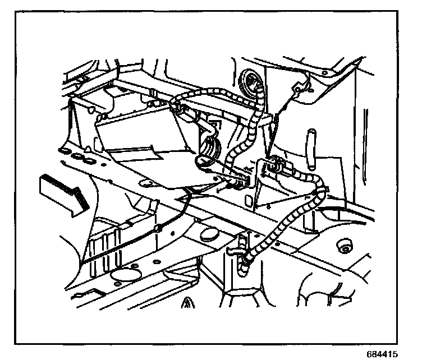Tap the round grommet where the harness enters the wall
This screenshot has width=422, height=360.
coord(247,80)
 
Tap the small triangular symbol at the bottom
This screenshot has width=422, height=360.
coord(187,304)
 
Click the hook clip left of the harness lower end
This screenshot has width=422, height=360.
coord(241,242)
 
